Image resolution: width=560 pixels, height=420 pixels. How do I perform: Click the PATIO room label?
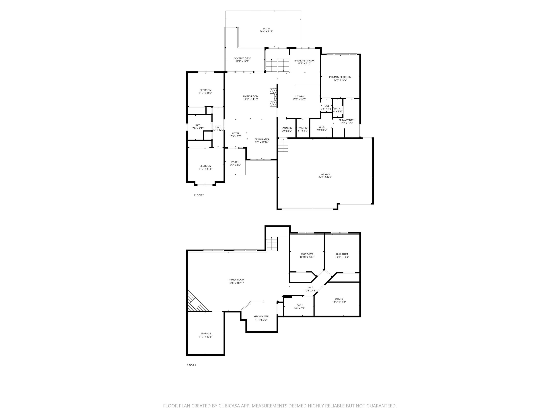click(266, 29)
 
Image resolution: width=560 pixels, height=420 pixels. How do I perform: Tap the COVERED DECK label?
click(242, 59)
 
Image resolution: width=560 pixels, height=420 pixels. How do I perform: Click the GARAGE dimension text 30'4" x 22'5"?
click(325, 177)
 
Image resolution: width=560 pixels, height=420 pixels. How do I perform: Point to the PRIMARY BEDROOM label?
click(340, 77)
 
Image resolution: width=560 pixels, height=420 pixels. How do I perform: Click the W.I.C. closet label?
click(322, 127)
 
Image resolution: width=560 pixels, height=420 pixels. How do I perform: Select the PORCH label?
click(235, 162)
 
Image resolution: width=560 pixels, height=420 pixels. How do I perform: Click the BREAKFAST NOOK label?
click(304, 61)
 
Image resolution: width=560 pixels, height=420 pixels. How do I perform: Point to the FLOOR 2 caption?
click(199, 195)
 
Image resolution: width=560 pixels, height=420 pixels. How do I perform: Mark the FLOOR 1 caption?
click(191, 365)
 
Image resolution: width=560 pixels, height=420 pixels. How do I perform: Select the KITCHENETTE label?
click(261, 316)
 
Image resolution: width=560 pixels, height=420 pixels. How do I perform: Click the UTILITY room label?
click(339, 299)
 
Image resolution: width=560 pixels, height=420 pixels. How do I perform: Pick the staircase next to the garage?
click(283, 146)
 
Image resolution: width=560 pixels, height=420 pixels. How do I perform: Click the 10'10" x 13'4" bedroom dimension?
click(307, 257)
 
